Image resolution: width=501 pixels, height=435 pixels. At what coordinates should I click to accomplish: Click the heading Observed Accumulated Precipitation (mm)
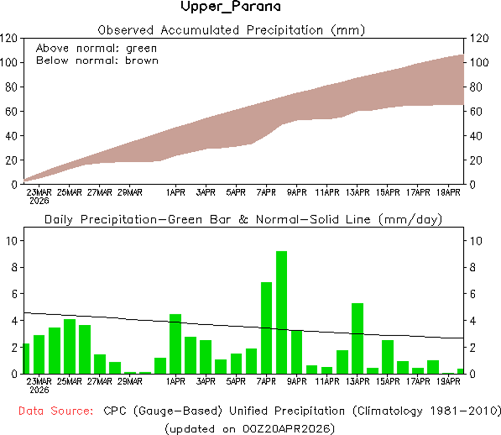pyautogui.click(x=231, y=30)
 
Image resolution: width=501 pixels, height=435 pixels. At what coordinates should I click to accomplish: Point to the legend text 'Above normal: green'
pyautogui.click(x=97, y=48)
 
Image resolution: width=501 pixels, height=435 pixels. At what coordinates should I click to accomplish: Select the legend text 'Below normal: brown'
pyautogui.click(x=97, y=60)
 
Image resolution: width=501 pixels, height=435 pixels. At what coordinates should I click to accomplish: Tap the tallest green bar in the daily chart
pyautogui.click(x=281, y=312)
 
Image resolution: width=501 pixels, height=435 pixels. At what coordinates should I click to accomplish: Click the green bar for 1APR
pyautogui.click(x=175, y=344)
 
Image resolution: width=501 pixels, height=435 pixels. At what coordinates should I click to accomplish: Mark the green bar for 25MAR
pyautogui.click(x=69, y=346)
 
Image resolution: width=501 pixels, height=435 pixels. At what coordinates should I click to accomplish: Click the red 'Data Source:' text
pyautogui.click(x=54, y=411)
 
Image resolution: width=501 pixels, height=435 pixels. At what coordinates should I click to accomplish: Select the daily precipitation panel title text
pyautogui.click(x=243, y=219)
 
